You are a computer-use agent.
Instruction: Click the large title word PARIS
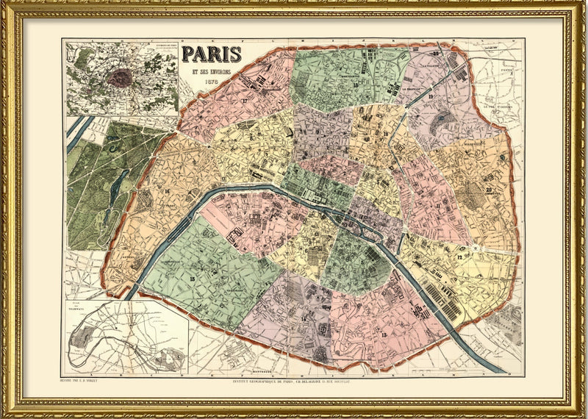(212, 54)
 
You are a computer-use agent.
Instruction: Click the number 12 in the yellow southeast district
(461, 257)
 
